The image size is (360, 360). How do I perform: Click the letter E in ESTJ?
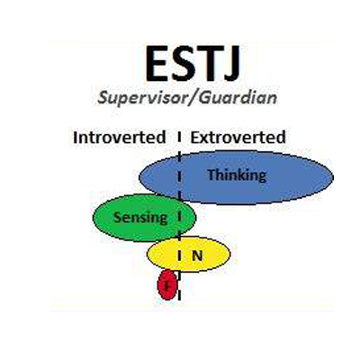pos(157,64)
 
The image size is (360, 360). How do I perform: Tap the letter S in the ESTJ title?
pos(184,64)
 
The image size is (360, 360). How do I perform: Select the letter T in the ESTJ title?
pos(209,64)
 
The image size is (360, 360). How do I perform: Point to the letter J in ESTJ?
pos(231,64)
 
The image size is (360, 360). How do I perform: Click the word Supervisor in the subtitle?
pos(140,98)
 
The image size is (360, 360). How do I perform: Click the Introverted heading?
pos(120,138)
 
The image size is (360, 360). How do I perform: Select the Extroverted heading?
pos(238,138)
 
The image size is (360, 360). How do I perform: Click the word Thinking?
pos(237,175)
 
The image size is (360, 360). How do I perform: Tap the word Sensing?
pos(140,218)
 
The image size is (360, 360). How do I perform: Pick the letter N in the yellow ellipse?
pos(197,256)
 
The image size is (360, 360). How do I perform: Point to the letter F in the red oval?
pos(168,285)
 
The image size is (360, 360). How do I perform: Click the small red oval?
pos(167,285)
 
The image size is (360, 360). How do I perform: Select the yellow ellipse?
pos(189,255)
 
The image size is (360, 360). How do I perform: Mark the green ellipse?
pos(144,218)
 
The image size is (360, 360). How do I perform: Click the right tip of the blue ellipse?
pos(333,177)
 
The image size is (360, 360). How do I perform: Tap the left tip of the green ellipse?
pos(93,218)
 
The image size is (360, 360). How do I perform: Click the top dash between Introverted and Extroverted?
pos(179,137)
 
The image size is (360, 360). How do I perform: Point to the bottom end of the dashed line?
pos(179,300)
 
